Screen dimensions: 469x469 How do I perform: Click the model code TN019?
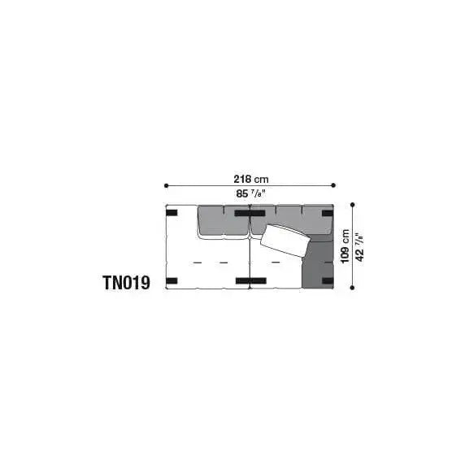126,283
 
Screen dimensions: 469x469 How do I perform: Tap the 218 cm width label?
252,178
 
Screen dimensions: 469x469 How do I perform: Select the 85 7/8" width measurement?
252,194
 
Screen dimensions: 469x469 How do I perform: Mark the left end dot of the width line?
166,185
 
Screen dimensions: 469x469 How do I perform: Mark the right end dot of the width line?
334,185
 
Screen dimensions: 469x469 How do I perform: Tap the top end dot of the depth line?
353,205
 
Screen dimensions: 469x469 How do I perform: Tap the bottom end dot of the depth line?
353,288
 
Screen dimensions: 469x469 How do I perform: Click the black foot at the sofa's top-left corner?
172,214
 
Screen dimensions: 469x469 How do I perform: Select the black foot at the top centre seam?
242,214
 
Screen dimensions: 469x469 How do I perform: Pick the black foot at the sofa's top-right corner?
327,214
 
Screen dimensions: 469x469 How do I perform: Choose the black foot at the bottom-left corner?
172,281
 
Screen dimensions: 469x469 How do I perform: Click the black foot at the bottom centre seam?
242,281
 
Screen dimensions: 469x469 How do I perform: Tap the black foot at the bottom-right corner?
327,281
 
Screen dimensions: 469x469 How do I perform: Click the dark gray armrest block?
317,262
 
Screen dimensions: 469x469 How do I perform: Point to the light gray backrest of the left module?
222,222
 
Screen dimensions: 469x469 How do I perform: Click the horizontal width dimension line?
211,185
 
